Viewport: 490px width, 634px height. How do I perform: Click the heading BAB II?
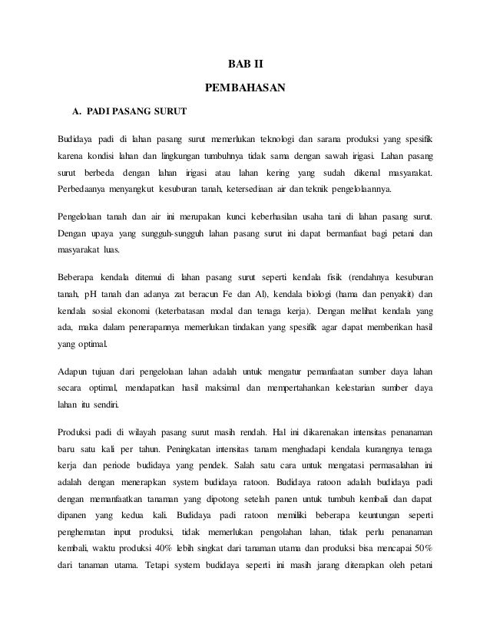point(245,63)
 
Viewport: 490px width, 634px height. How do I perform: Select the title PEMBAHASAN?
point(245,89)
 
